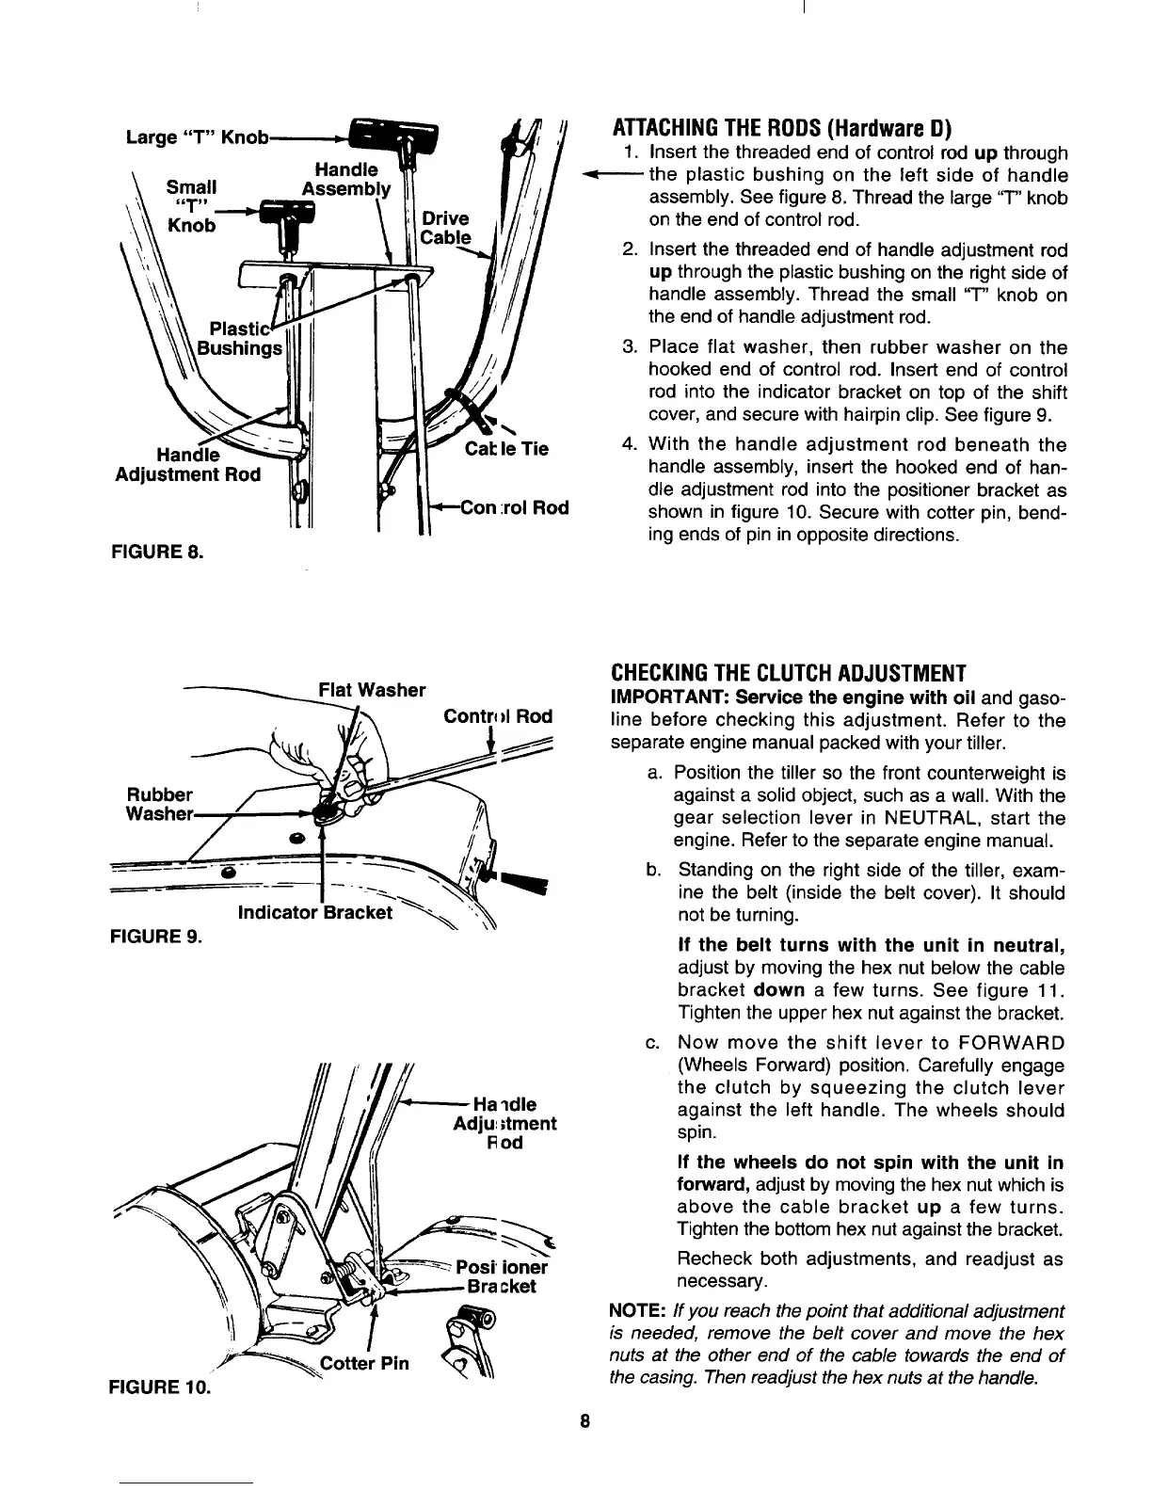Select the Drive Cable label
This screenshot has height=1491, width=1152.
(x=444, y=228)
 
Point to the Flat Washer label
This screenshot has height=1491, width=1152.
(x=372, y=690)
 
